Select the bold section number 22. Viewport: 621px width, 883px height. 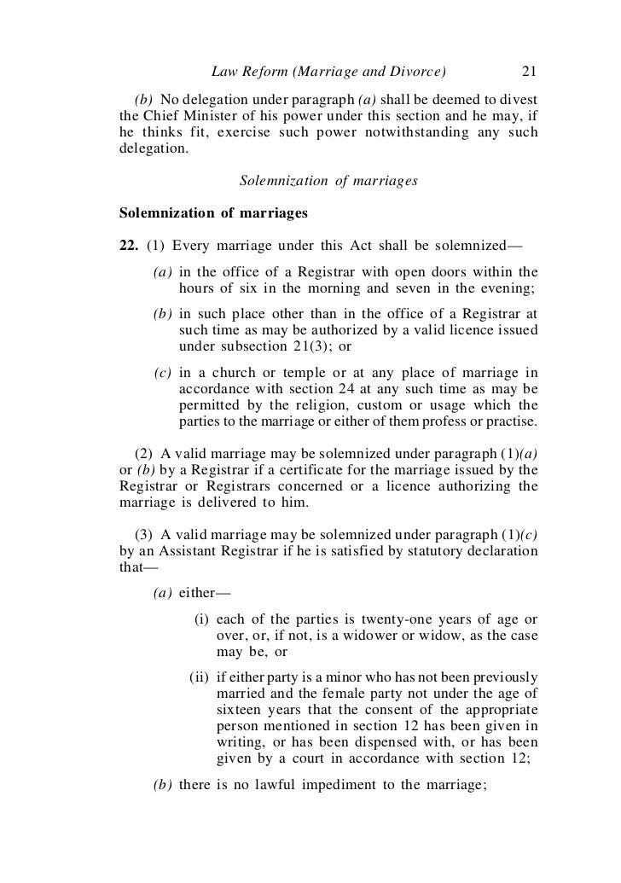point(130,247)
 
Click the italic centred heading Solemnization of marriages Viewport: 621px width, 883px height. point(328,181)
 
